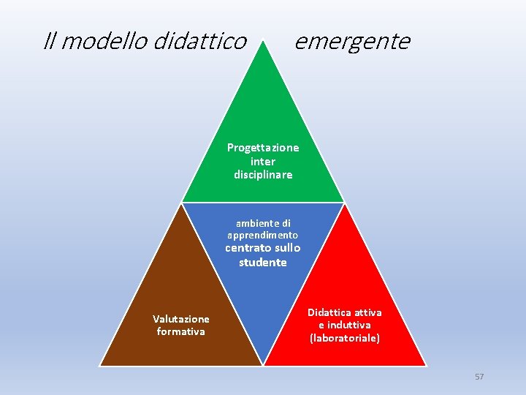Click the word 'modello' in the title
[x=104, y=42]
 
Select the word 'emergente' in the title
[x=352, y=42]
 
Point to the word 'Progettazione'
[x=263, y=148]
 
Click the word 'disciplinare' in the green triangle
[x=263, y=175]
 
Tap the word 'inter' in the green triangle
[x=263, y=161]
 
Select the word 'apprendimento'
[x=263, y=236]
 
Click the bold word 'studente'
[x=263, y=262]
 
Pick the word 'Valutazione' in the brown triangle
[x=181, y=319]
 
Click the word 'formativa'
[x=181, y=331]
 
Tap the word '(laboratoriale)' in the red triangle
[x=345, y=339]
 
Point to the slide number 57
[x=479, y=377]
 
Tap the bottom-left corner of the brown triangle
[x=101, y=364]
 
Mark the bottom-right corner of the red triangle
[x=425, y=364]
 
